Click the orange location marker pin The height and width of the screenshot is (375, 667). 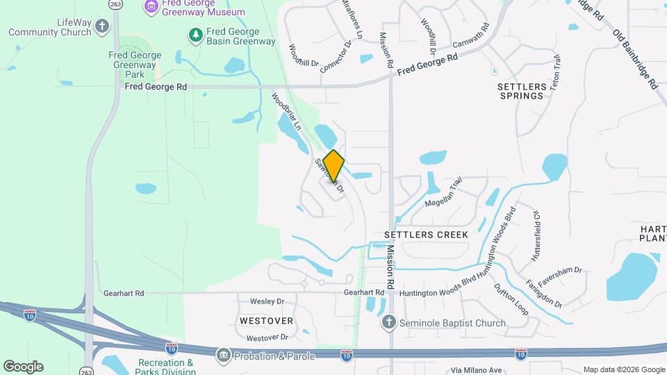[x=333, y=165]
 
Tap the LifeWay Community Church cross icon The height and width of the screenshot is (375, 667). [x=102, y=27]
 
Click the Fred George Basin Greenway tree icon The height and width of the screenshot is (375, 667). [x=196, y=34]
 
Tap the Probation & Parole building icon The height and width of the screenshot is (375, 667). [x=224, y=356]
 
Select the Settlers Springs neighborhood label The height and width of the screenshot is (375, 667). [x=521, y=91]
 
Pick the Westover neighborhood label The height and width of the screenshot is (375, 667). [x=266, y=321]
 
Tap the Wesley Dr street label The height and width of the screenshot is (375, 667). [x=267, y=301]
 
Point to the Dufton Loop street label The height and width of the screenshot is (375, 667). [x=511, y=299]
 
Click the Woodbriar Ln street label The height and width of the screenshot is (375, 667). [x=286, y=112]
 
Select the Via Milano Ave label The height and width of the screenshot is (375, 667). [x=475, y=370]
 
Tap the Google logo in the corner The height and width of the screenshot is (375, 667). [x=23, y=366]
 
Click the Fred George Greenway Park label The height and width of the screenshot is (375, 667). [x=135, y=64]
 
